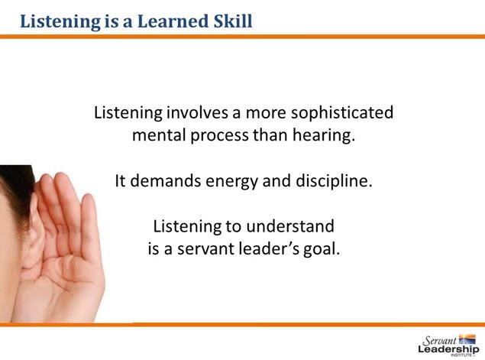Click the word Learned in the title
click(173, 21)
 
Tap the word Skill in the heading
click(233, 21)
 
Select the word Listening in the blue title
click(60, 22)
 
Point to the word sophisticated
click(342, 112)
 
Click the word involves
click(197, 112)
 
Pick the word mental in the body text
click(159, 135)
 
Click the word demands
click(165, 181)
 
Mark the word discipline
click(334, 181)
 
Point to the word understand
click(290, 226)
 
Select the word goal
click(322, 250)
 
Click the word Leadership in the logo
click(448, 349)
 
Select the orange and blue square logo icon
click(467, 339)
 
